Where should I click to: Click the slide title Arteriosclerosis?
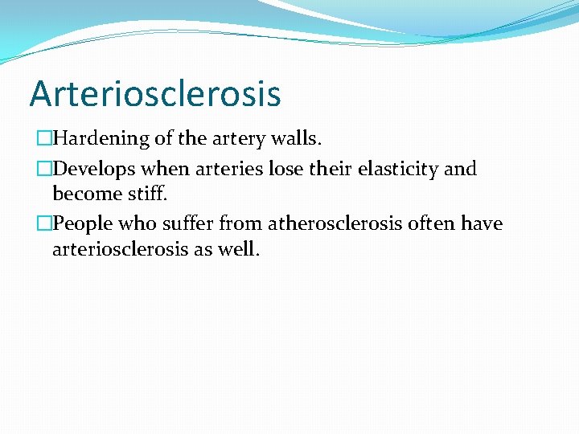pyautogui.click(x=155, y=93)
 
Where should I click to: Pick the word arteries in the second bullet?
pyautogui.click(x=224, y=170)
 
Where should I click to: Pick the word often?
pyautogui.click(x=432, y=223)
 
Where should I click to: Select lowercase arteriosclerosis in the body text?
pyautogui.click(x=120, y=248)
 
